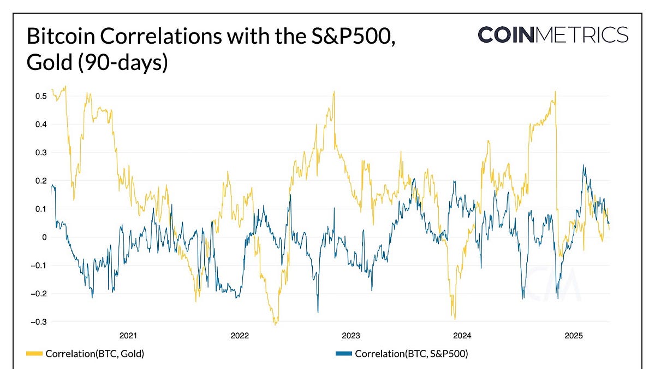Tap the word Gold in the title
[47, 63]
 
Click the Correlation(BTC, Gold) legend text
[94, 354]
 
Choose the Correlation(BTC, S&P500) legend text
[411, 354]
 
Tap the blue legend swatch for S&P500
[343, 354]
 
